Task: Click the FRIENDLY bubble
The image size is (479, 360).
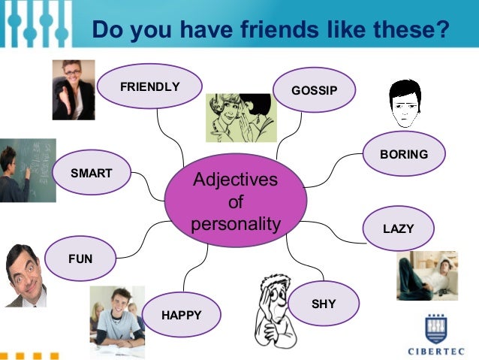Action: [x=150, y=86]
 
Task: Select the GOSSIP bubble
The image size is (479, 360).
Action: [x=315, y=90]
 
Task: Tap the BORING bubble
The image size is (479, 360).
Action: [x=404, y=154]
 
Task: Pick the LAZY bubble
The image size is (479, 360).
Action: [x=398, y=228]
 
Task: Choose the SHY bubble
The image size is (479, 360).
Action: [x=324, y=304]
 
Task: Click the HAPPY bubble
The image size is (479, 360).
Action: [x=182, y=314]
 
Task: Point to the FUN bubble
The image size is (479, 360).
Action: [x=80, y=259]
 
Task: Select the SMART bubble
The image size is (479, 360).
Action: [x=92, y=173]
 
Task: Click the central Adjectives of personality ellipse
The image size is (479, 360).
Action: [x=236, y=201]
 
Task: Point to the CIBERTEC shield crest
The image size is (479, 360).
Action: [x=436, y=327]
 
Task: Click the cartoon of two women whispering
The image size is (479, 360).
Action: [x=241, y=118]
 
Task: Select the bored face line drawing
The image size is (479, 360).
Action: [x=405, y=104]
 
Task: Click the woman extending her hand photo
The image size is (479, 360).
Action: [x=74, y=89]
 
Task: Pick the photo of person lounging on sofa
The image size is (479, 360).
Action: [x=426, y=276]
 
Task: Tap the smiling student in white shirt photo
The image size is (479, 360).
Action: [x=116, y=315]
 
